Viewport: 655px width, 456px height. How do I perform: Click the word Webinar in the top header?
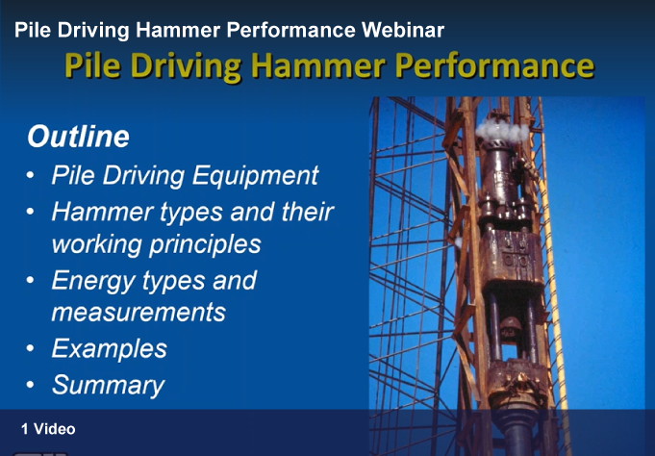coord(403,30)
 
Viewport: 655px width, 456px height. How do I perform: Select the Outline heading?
coord(78,137)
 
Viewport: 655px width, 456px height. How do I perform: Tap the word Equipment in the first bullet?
coord(255,175)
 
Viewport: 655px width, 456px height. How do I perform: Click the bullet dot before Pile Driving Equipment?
coord(30,175)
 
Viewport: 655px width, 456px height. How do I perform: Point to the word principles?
coord(205,244)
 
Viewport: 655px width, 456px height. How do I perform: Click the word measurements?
coord(139,312)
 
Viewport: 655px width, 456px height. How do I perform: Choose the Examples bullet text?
coord(110,348)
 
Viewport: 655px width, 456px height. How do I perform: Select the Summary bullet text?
coord(108,386)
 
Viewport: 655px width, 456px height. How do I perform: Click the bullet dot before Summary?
coord(30,385)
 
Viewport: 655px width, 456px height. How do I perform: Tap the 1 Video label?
coord(48,429)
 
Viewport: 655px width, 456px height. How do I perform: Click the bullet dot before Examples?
coord(30,347)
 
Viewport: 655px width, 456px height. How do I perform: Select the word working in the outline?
coord(97,244)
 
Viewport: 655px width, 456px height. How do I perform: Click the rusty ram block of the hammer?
coord(512,258)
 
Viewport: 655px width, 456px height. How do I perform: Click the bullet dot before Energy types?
coord(30,280)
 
